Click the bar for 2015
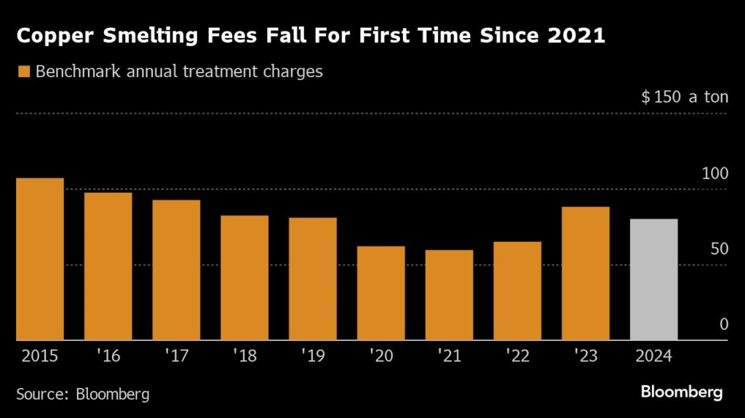40,259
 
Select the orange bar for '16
108,266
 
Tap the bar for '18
244,277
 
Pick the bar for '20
381,293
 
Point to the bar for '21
449,295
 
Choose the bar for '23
586,273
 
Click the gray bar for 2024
653,279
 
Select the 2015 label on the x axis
40,356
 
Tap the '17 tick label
176,356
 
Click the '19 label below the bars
313,356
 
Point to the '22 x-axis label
517,356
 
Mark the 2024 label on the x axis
653,356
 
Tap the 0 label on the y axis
724,324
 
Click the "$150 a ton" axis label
685,97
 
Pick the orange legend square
23,72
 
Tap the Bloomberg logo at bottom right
682,393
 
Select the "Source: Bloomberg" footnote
83,394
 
